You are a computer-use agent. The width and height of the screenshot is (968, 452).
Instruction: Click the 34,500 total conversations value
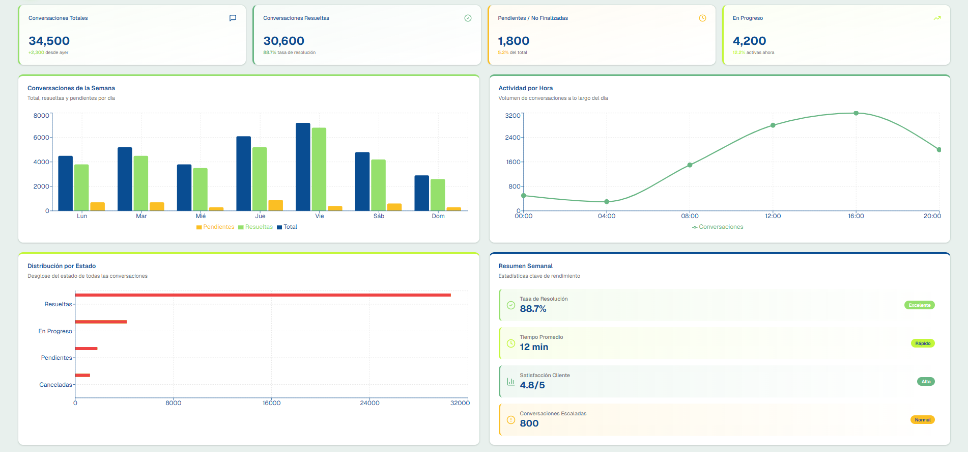click(49, 41)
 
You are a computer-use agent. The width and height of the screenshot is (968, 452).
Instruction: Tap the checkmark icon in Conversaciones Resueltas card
click(468, 18)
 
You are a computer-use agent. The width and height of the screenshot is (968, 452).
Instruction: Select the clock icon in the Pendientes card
click(702, 18)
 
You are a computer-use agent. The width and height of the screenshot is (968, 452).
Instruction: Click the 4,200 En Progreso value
click(749, 41)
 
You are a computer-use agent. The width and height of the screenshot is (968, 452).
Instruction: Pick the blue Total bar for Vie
click(303, 167)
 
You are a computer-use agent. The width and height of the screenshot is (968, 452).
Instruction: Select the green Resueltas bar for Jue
click(260, 179)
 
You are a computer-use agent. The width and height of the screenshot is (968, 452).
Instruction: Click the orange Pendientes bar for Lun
click(97, 206)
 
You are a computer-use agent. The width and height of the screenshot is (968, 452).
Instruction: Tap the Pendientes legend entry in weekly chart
click(215, 227)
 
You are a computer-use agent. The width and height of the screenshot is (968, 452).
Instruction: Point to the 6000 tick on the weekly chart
click(41, 138)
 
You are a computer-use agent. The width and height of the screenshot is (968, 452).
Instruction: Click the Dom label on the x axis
click(438, 216)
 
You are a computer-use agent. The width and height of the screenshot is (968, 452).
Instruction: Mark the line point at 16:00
click(856, 113)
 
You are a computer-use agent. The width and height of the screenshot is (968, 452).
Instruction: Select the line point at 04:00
click(607, 202)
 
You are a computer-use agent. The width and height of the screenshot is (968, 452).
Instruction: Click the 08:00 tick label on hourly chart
click(690, 216)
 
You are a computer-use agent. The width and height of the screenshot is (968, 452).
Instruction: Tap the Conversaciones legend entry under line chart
click(718, 227)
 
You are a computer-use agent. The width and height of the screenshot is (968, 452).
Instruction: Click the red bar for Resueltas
click(263, 295)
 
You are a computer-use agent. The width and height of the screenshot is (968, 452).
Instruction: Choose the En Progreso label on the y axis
click(55, 331)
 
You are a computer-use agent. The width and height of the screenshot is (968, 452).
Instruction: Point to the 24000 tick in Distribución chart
click(369, 403)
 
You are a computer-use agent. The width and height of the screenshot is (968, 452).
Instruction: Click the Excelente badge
click(919, 305)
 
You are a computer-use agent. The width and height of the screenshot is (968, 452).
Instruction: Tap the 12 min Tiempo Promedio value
click(534, 347)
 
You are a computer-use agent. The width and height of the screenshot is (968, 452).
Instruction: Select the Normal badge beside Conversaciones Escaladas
click(922, 420)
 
